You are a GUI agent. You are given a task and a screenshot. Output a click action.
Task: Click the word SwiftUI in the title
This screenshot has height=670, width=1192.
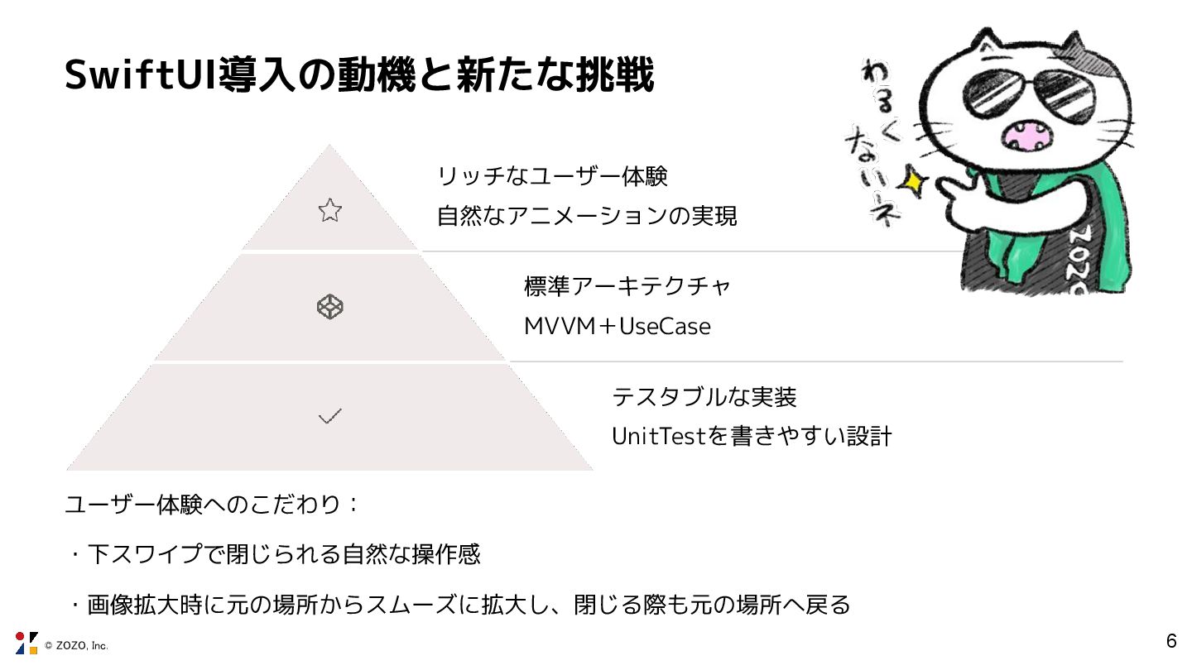click(x=137, y=76)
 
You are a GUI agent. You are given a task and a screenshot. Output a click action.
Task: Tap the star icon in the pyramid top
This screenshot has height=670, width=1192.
click(x=329, y=210)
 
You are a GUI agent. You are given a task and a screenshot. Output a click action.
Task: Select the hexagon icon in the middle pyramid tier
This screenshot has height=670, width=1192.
click(x=329, y=308)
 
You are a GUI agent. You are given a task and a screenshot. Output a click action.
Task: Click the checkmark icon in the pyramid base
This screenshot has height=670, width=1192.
click(x=329, y=416)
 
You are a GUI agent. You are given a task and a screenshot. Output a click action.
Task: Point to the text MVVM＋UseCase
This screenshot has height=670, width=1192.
click(x=618, y=327)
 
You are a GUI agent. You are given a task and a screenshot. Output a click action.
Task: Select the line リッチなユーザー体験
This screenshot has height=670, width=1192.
click(x=552, y=176)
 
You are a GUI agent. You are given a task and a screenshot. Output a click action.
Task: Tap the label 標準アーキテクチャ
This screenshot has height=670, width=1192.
click(x=627, y=286)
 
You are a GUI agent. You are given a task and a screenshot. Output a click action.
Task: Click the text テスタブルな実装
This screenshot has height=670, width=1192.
click(x=704, y=397)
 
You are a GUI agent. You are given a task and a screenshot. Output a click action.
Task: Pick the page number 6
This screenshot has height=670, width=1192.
click(x=1170, y=641)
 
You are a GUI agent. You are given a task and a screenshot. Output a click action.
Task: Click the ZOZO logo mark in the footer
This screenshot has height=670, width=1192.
click(x=26, y=643)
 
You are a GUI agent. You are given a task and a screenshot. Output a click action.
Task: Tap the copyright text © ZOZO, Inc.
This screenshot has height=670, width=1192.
click(x=76, y=645)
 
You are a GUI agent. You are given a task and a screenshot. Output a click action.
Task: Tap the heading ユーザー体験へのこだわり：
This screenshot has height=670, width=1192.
click(x=212, y=505)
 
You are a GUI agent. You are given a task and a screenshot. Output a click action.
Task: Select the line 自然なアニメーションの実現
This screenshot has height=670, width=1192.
click(x=587, y=217)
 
